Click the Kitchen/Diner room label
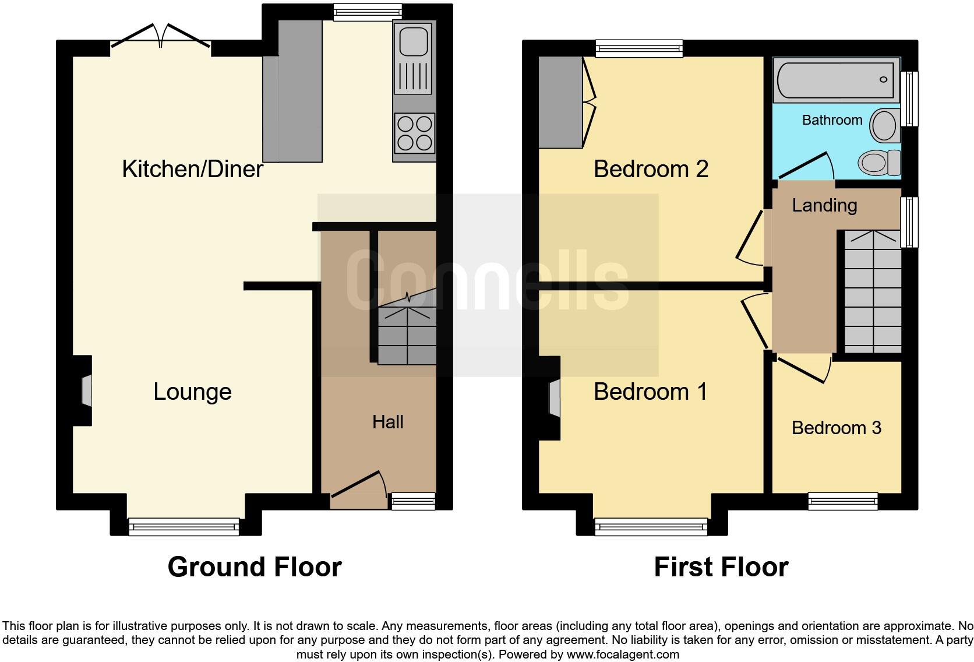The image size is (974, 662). (192, 169)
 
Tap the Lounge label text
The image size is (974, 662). (192, 392)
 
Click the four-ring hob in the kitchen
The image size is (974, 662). (414, 133)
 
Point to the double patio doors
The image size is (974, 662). (161, 35)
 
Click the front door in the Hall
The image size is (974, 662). (358, 487)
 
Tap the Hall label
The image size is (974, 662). (387, 422)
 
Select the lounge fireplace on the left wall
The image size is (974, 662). (85, 390)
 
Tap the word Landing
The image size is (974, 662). (824, 205)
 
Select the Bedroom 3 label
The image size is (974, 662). (836, 428)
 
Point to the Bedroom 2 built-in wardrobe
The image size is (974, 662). (560, 102)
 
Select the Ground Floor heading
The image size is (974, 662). (255, 566)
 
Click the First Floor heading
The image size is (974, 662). (721, 566)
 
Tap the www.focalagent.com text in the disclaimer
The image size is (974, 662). (622, 654)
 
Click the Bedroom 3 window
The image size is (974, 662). (842, 501)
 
